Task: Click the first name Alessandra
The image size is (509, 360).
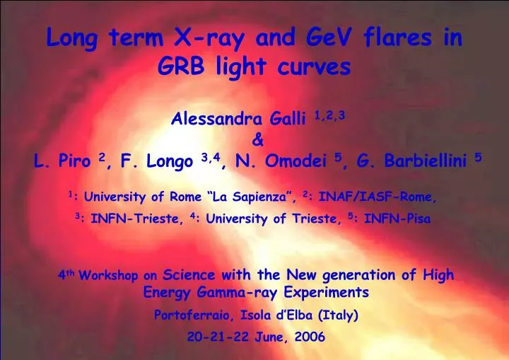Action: click(213, 118)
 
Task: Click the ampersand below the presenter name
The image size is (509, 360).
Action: click(257, 140)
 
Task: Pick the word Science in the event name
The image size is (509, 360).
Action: click(189, 275)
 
